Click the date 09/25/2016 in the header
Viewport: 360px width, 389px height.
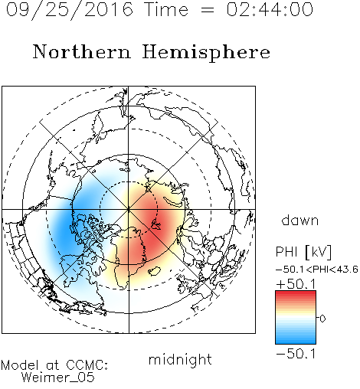click(x=70, y=10)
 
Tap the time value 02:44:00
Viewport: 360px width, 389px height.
click(x=270, y=9)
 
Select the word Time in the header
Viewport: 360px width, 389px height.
click(x=166, y=9)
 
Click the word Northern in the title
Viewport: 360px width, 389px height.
click(x=81, y=51)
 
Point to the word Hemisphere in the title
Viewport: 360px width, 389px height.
click(x=206, y=53)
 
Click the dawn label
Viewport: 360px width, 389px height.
click(x=300, y=220)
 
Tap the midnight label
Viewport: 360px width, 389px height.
click(x=180, y=360)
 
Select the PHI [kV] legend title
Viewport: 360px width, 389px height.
click(x=303, y=252)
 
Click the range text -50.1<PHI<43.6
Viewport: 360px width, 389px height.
click(x=317, y=270)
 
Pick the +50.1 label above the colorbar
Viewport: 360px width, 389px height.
click(x=296, y=284)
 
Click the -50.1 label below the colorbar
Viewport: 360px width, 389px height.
click(x=296, y=354)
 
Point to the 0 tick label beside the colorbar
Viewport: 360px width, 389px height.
click(x=322, y=319)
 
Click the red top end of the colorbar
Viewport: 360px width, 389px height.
click(x=296, y=293)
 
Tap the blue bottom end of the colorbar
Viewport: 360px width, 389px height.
click(x=296, y=341)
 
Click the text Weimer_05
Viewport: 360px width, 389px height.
click(x=58, y=378)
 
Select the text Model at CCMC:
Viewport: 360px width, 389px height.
click(x=54, y=365)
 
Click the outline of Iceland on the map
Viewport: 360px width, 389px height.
click(x=154, y=271)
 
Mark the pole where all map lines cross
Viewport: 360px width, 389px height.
click(x=129, y=210)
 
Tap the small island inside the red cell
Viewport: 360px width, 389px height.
click(x=156, y=224)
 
